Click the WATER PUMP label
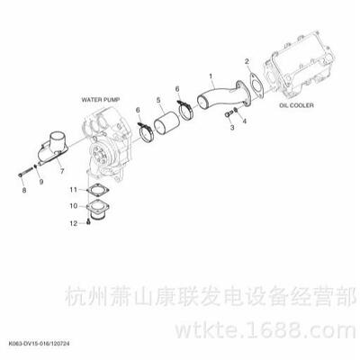101,100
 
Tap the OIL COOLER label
297,105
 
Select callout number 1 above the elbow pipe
211,76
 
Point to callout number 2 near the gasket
247,61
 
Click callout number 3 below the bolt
232,128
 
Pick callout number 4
245,121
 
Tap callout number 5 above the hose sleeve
158,100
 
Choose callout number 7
62,171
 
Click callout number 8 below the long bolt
24,190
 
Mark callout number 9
41,182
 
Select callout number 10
74,206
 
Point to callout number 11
74,190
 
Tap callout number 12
74,223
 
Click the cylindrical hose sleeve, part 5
166,124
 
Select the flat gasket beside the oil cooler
256,85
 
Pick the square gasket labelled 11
97,190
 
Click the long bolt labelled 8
26,172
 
